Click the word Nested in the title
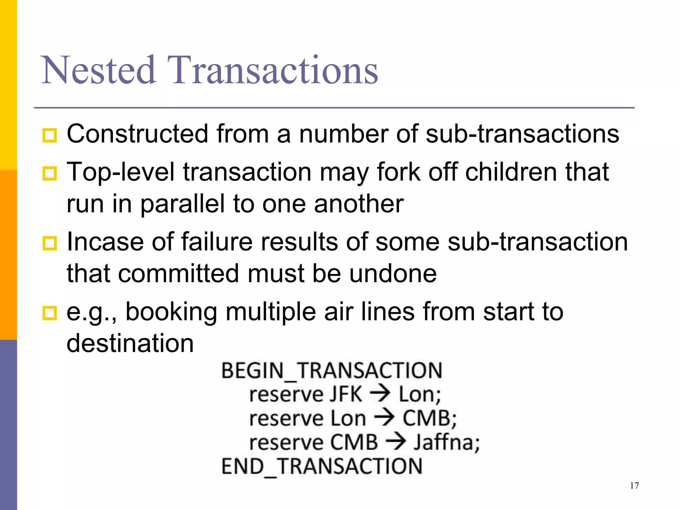99,70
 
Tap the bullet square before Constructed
50,135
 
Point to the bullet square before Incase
50,243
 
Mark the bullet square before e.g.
50,313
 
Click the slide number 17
634,486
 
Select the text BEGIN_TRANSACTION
331,371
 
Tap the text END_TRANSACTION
322,466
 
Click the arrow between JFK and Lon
380,394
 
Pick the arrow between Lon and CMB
384,418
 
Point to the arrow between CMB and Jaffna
396,442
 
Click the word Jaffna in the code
447,443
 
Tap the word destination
130,343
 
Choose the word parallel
183,204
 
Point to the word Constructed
137,134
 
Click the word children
511,172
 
